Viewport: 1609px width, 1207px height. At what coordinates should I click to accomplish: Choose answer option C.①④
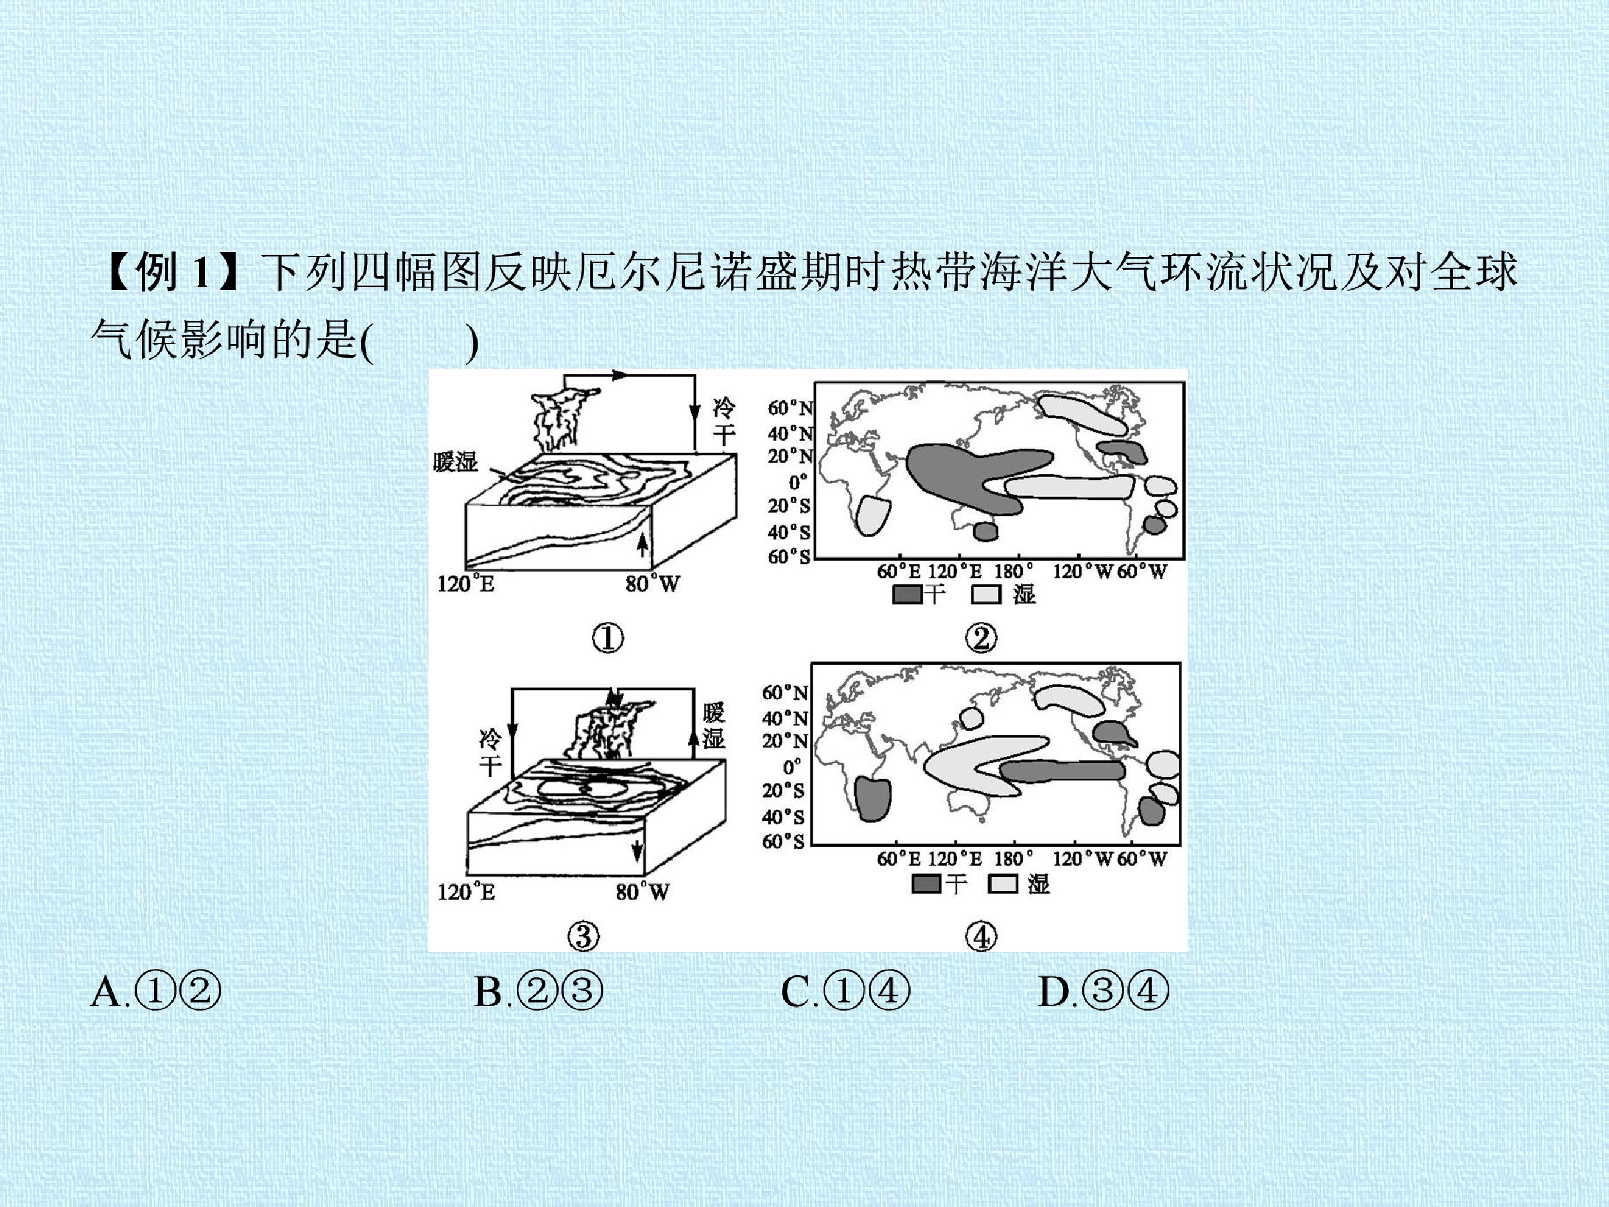point(845,991)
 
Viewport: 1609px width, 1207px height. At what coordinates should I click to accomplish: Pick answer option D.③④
point(1103,991)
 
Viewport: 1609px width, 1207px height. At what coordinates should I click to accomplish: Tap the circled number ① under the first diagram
point(607,639)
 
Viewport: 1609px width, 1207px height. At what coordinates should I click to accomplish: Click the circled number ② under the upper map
point(981,639)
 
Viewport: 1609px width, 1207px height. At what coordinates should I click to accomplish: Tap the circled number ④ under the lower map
point(981,937)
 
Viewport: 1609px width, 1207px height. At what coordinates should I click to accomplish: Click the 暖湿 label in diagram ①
point(455,461)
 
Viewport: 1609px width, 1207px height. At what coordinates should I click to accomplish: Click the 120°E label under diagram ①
point(465,584)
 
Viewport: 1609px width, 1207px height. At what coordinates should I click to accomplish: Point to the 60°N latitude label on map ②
point(790,408)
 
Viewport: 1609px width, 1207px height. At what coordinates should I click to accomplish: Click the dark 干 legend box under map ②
point(908,595)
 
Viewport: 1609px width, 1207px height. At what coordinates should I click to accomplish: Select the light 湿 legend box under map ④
point(1003,884)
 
